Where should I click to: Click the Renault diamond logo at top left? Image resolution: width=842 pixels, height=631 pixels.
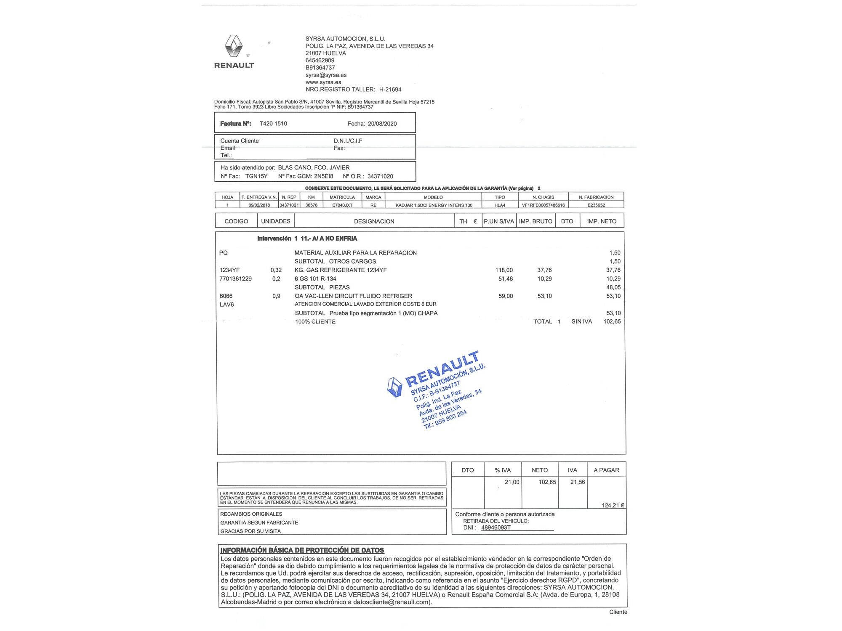point(234,46)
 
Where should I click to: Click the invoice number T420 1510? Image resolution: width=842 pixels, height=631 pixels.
point(273,124)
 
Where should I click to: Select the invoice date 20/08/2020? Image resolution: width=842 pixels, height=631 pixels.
point(382,124)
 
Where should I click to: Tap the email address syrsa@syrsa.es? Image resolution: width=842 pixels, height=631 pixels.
point(326,75)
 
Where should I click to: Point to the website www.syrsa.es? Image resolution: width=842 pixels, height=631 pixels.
point(323,82)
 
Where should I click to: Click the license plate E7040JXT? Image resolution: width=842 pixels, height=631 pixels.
point(342,205)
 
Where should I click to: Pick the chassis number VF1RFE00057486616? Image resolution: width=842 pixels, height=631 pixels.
point(543,205)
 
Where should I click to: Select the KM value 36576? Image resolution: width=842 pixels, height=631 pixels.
point(311,205)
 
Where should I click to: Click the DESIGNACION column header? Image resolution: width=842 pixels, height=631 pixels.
point(374,221)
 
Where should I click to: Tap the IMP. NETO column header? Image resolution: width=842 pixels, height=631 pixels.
point(602,221)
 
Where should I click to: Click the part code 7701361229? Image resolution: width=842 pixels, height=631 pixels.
point(235,278)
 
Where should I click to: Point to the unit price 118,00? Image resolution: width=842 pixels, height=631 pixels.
point(504,270)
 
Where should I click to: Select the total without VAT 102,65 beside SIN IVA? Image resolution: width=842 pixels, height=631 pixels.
point(612,321)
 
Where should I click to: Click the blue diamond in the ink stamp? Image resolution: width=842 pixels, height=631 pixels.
point(394,387)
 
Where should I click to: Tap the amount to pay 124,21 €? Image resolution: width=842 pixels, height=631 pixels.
point(613,505)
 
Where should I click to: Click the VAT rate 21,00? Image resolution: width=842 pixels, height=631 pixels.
point(512,482)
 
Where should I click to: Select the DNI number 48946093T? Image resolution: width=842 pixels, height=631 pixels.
point(496,528)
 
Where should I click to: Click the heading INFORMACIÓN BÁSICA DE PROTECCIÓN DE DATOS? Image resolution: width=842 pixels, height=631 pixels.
point(302,550)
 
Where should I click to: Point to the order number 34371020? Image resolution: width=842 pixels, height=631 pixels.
point(380,176)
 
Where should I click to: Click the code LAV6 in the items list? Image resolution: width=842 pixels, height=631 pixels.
point(226,304)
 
